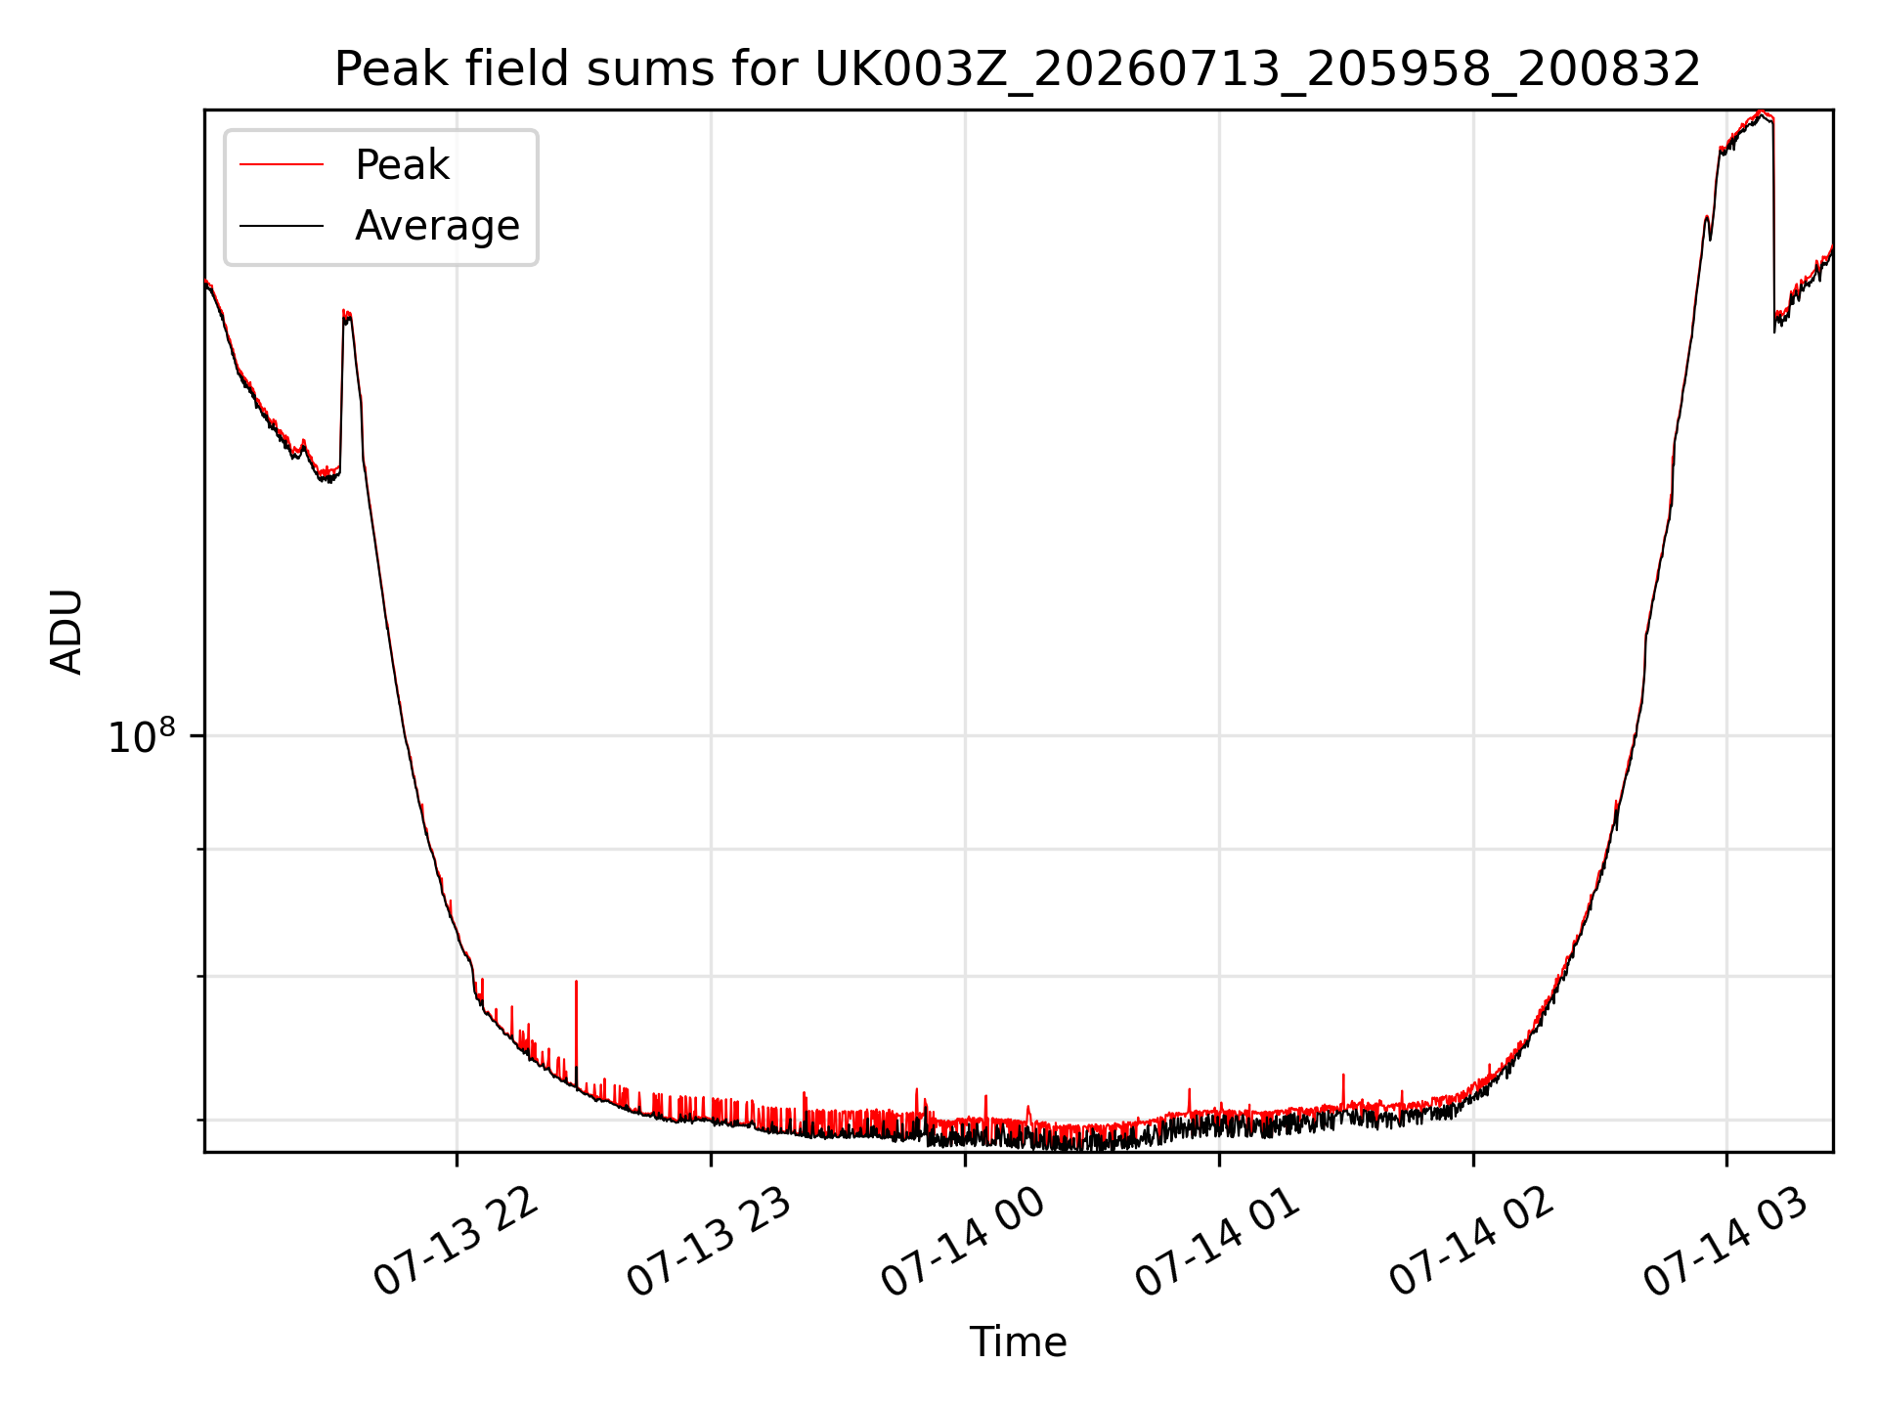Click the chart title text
[1018, 69]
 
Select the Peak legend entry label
[402, 165]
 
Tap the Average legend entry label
[437, 226]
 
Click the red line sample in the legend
[282, 165]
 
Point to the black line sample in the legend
[282, 226]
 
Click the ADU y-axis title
[66, 631]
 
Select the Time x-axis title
[1018, 1342]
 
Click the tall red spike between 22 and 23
[576, 982]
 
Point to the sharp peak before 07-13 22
[346, 313]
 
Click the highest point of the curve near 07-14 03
[1762, 112]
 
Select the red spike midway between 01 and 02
[1343, 1076]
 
